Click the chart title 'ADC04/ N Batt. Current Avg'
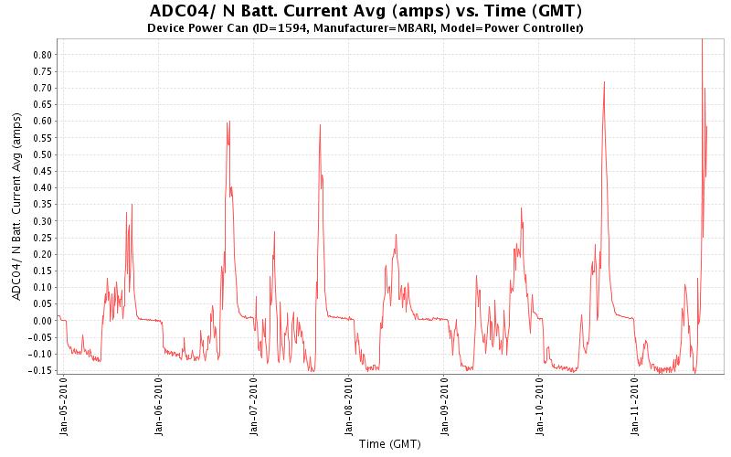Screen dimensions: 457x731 365,11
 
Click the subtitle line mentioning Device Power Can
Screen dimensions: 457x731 365,28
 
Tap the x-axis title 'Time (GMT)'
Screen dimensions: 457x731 389,444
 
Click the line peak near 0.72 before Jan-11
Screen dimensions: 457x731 604,82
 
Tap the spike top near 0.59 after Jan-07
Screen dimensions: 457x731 320,125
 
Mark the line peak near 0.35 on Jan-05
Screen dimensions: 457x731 132,205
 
